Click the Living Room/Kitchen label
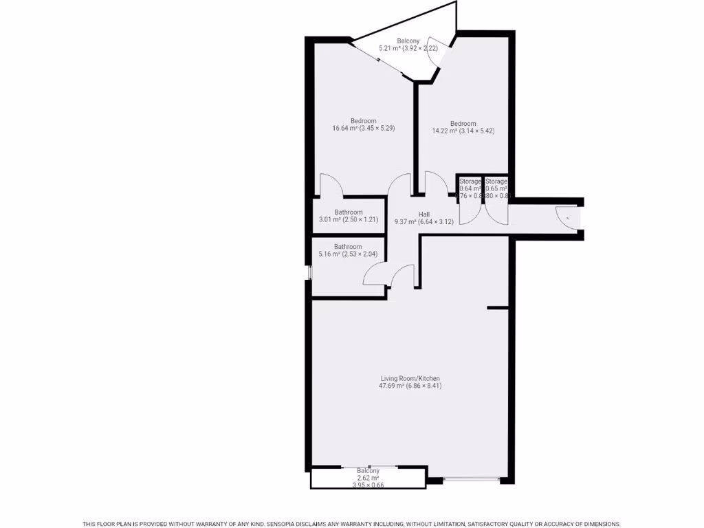410,378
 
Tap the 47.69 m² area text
410,386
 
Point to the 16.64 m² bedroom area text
363,129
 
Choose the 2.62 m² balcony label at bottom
368,478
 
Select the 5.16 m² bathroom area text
348,254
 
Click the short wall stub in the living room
497,307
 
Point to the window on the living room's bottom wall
471,478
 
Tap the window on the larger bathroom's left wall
309,272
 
